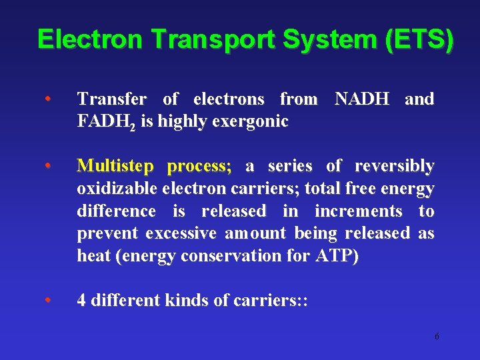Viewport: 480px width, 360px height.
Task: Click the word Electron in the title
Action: (x=90, y=39)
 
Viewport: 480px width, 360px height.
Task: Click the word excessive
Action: (x=182, y=233)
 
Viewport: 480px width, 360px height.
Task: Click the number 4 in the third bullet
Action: (x=81, y=301)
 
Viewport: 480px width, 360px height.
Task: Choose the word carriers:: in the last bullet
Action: (x=271, y=301)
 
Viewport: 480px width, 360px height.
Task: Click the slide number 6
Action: (x=437, y=337)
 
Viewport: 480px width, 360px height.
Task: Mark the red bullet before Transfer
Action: (x=48, y=99)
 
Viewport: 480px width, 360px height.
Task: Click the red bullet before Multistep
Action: (x=48, y=166)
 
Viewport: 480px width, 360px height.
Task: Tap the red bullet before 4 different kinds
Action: (x=48, y=301)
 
